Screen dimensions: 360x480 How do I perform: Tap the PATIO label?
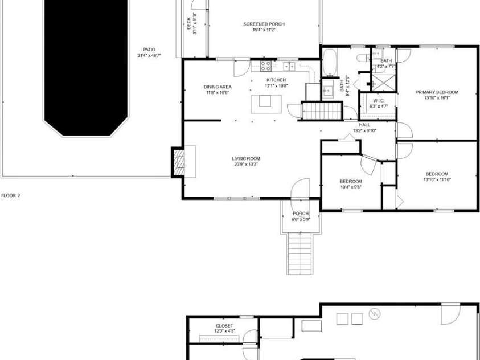[149, 50]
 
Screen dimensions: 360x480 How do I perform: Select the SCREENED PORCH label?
[264, 24]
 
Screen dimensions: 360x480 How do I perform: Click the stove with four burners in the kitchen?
[265, 66]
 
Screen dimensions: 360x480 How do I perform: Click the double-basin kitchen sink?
[289, 66]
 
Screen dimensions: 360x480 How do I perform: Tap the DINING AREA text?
[218, 87]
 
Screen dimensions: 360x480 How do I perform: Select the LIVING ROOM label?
[246, 158]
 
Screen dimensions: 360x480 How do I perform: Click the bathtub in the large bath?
[330, 63]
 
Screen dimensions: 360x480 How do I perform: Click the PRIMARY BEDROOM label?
[437, 92]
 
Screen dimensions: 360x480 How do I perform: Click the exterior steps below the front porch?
[300, 254]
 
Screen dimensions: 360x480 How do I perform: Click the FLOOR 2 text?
[10, 195]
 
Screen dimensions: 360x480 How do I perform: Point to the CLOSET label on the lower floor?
[224, 326]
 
